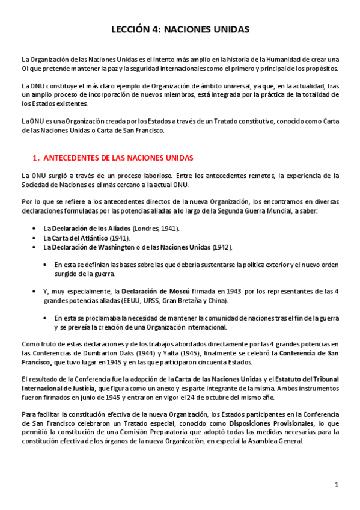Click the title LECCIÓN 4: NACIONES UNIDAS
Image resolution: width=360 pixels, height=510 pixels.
pyautogui.click(x=180, y=29)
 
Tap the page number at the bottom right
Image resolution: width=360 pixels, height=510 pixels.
pyautogui.click(x=337, y=485)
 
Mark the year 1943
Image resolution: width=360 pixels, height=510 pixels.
pyautogui.click(x=235, y=291)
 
